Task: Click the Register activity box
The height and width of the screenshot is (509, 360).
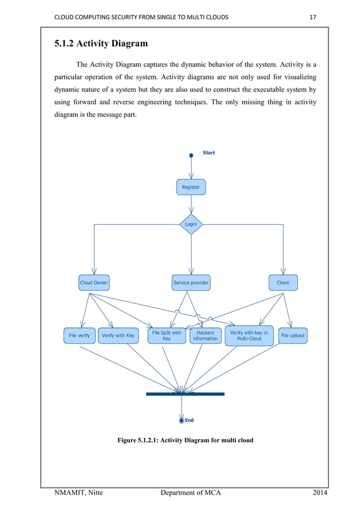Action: [191, 187]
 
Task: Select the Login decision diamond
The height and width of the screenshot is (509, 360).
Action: [191, 224]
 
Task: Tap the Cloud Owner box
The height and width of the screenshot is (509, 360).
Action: [94, 283]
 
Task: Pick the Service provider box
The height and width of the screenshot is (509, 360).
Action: [191, 283]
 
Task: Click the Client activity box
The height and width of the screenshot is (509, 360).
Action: [283, 283]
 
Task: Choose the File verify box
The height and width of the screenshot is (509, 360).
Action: [80, 336]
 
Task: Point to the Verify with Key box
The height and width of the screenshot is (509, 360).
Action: [118, 336]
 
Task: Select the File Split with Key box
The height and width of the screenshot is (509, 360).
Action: [166, 336]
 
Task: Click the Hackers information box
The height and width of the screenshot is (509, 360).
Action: [205, 336]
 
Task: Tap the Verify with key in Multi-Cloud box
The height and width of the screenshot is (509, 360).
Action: [249, 336]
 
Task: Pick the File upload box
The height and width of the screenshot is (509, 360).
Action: [292, 336]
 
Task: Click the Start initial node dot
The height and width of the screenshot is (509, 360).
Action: [191, 155]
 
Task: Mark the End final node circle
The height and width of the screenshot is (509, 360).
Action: [182, 420]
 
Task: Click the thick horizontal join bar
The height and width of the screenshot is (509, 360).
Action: [185, 394]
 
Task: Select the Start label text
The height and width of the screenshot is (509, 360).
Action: [209, 153]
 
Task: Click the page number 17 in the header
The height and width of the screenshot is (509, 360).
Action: [313, 17]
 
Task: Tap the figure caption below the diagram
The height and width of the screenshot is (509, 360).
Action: [185, 440]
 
